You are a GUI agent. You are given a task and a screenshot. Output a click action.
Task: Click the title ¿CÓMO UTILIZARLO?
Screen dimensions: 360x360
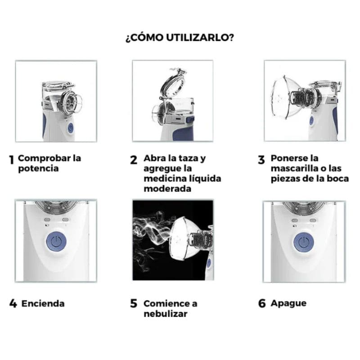tap(180, 37)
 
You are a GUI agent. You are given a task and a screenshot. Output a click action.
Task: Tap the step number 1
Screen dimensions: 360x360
tap(12, 160)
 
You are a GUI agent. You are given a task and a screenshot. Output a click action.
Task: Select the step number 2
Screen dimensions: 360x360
tap(134, 160)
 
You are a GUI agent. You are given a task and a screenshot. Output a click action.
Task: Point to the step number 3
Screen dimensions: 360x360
tap(261, 160)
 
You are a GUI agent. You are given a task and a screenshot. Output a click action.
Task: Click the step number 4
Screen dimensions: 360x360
tap(13, 303)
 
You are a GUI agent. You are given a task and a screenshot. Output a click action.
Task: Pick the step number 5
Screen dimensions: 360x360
tap(134, 303)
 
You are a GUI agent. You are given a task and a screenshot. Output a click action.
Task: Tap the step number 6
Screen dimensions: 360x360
tap(262, 303)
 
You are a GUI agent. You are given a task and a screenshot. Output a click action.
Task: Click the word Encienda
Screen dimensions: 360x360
tap(43, 303)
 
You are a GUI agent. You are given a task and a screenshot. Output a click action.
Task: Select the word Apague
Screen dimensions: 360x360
tap(288, 303)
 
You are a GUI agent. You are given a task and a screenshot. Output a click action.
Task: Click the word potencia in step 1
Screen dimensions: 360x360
tap(38, 169)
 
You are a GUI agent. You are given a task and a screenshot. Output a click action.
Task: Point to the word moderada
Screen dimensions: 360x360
tap(167, 189)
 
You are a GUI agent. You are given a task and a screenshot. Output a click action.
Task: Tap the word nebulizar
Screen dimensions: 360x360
tap(166, 314)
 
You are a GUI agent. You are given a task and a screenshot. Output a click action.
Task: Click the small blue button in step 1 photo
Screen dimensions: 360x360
tap(71, 128)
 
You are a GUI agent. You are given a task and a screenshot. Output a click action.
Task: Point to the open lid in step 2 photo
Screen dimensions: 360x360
tap(173, 83)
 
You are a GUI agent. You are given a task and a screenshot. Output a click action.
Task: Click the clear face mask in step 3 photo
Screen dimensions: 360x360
tap(284, 98)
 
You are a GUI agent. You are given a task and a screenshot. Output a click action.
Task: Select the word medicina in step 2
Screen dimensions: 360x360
tap(163, 179)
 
